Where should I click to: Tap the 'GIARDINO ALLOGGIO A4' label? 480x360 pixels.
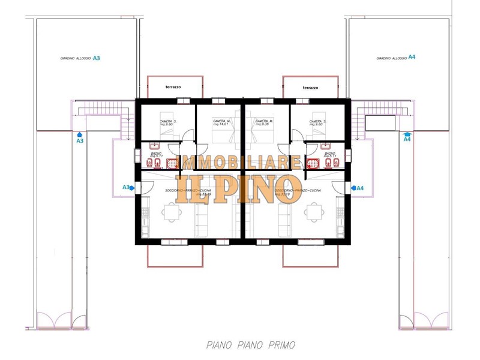pos(395,58)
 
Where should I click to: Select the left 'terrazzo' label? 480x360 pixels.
pos(173,88)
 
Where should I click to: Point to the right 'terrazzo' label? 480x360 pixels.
pos(310,88)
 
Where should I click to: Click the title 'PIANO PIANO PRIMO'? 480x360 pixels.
pos(250,345)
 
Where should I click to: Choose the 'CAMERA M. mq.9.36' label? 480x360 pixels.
pos(264,122)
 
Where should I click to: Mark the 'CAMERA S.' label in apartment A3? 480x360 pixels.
pos(167,122)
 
